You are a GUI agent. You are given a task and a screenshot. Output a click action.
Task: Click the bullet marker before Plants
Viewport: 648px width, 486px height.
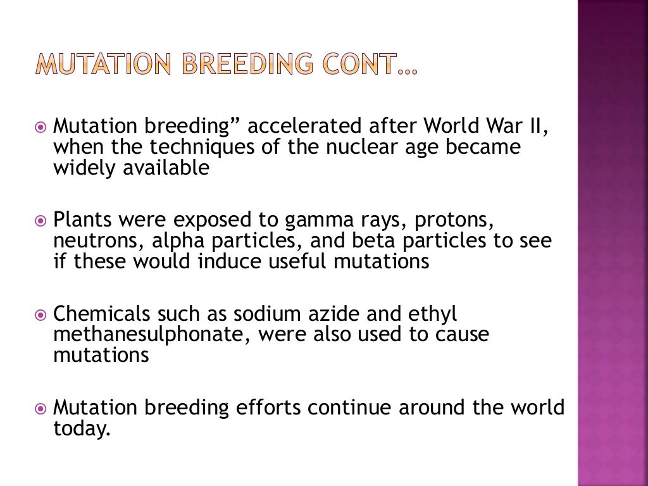click(x=41, y=221)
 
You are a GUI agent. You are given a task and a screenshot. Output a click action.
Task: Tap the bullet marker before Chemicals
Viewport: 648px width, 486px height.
click(x=41, y=315)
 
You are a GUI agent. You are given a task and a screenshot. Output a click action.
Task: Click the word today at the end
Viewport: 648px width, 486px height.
click(x=81, y=428)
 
